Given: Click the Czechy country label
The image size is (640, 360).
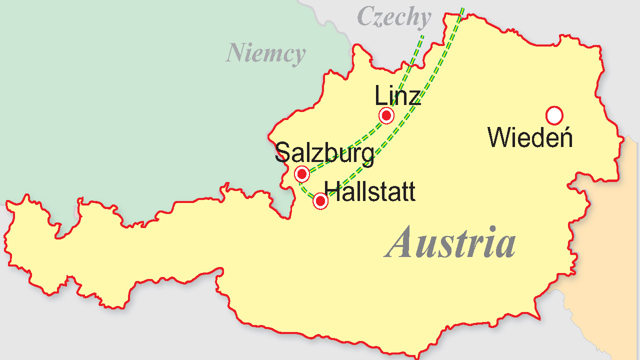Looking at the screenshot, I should click(x=394, y=17).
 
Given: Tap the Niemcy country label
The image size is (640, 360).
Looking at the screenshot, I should click(x=265, y=53).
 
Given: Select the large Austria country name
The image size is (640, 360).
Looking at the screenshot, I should click(x=451, y=243).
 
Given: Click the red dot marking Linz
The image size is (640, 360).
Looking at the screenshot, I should click(x=386, y=116).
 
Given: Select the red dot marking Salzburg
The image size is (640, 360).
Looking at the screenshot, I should click(x=301, y=174).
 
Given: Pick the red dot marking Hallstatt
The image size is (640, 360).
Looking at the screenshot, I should click(x=320, y=201).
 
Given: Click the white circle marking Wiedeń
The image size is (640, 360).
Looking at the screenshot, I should click(x=554, y=115).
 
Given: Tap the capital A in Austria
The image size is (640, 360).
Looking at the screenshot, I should click(x=402, y=243).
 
